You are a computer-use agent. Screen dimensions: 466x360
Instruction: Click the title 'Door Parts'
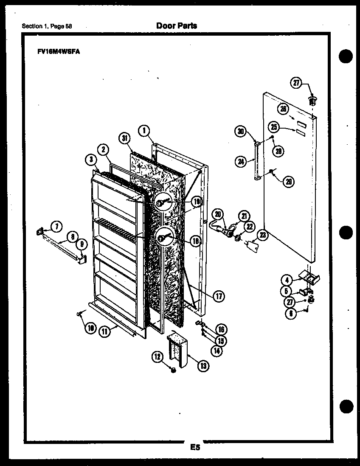(x=177, y=26)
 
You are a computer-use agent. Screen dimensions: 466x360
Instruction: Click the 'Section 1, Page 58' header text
(x=47, y=26)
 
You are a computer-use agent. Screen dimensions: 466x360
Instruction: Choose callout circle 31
(x=124, y=138)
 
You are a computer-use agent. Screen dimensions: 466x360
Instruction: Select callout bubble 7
(x=55, y=225)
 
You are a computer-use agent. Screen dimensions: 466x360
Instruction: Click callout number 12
(x=158, y=358)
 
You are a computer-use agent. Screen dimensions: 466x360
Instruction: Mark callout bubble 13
(x=203, y=365)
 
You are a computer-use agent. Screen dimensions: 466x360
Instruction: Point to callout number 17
(x=219, y=297)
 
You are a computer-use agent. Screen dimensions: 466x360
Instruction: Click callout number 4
(x=287, y=280)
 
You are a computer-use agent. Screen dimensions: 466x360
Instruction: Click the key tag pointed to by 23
(x=254, y=245)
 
